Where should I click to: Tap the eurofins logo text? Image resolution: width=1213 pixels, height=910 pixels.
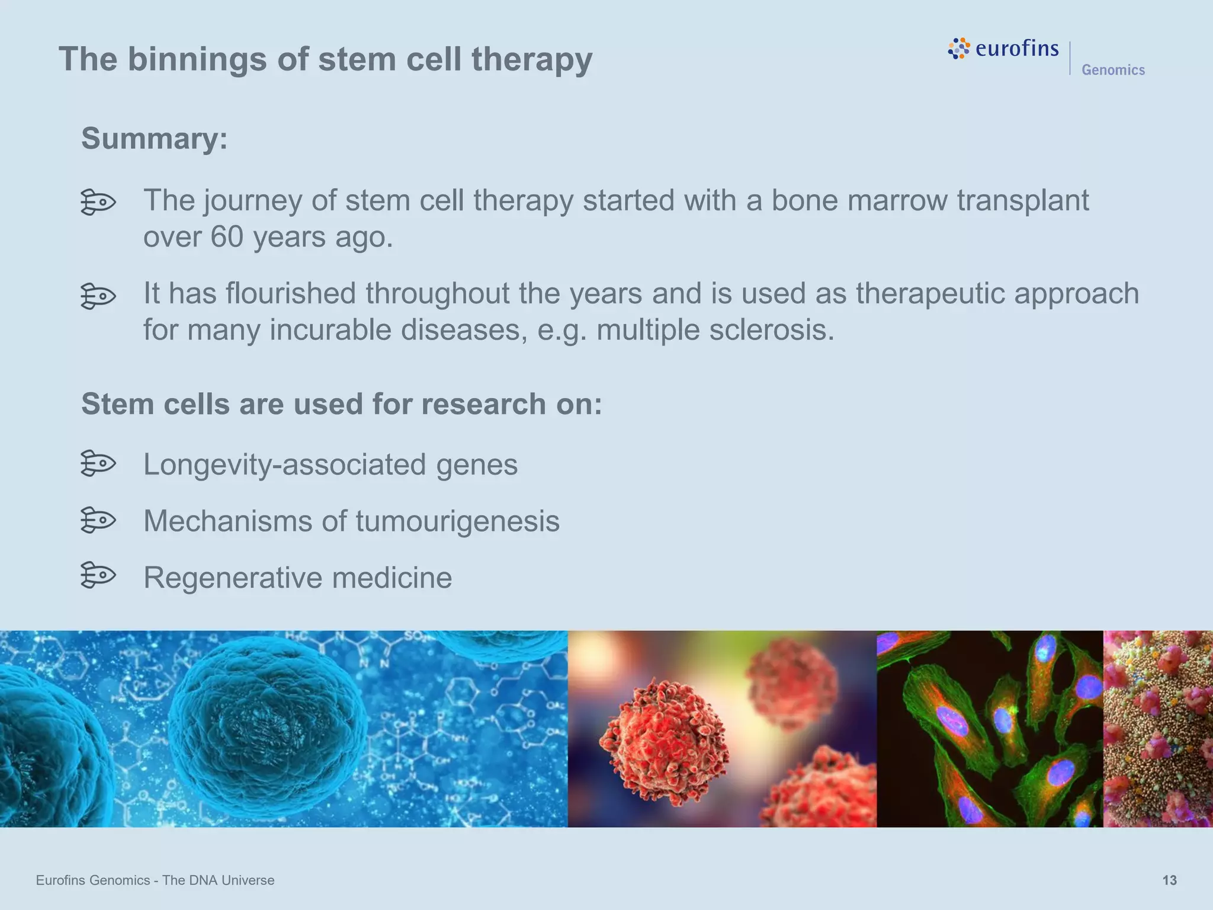click(1016, 48)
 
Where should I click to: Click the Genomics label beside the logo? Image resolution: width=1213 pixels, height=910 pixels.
click(1113, 70)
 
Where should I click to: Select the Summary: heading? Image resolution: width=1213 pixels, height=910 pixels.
click(155, 139)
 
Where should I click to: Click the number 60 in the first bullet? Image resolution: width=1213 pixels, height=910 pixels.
click(227, 237)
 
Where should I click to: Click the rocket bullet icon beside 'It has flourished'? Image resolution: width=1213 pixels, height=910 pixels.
click(98, 296)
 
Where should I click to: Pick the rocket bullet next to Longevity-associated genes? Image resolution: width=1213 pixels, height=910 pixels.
click(98, 463)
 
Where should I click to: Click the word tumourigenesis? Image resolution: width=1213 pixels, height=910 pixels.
click(457, 521)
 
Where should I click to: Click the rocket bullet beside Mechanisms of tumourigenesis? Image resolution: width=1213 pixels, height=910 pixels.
click(98, 520)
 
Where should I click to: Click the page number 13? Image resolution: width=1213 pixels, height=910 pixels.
click(1169, 880)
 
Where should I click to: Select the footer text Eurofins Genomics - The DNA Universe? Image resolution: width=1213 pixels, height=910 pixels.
click(155, 880)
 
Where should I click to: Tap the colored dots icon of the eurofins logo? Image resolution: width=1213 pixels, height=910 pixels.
click(959, 49)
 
